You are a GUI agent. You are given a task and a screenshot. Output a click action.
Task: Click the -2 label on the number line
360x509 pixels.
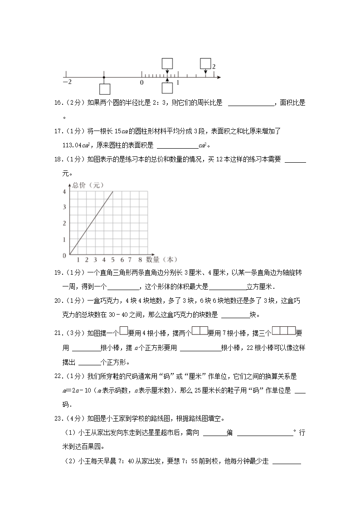pyautogui.click(x=67, y=82)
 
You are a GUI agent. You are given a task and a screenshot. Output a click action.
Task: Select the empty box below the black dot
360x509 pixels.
pyautogui.click(x=105, y=89)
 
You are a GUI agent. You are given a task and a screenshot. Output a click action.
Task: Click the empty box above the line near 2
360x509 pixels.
pyautogui.click(x=205, y=63)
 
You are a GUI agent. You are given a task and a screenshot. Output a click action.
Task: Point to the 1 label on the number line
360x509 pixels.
pyautogui.click(x=178, y=82)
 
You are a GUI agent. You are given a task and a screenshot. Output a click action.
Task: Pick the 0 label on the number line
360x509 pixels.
pyautogui.click(x=141, y=82)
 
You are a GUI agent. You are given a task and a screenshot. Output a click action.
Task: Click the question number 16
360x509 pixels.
pyautogui.click(x=58, y=103)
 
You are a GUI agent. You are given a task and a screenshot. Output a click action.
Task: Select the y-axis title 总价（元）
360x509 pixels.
pyautogui.click(x=85, y=185)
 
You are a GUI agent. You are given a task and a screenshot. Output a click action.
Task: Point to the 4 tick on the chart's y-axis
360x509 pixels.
pyautogui.click(x=64, y=192)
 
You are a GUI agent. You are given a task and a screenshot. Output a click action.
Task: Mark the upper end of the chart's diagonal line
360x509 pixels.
pyautogui.click(x=112, y=192)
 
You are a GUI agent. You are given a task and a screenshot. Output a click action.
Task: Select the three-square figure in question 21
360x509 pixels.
pyautogui.click(x=284, y=331)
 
